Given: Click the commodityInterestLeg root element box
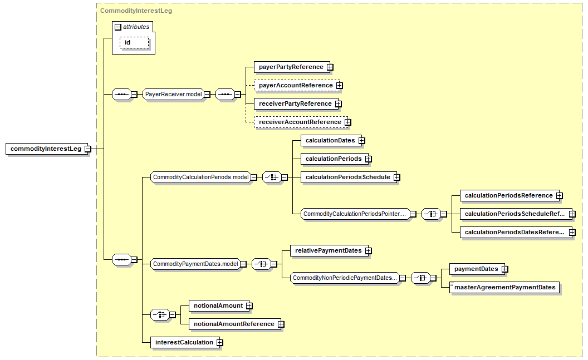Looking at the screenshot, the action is click(x=47, y=149).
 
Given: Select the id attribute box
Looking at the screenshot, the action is click(x=134, y=43).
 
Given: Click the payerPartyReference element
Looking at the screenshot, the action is click(x=291, y=67).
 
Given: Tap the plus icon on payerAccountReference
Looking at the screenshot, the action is click(x=339, y=86).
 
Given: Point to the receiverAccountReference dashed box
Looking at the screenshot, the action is click(x=301, y=122).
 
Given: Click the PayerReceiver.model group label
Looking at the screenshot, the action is click(x=174, y=95).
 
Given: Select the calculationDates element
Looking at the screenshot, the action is click(x=330, y=140).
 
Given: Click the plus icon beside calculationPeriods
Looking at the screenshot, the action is click(x=369, y=159).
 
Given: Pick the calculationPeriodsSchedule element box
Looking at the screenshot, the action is click(x=347, y=177).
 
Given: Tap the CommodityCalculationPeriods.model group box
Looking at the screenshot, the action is click(x=200, y=177).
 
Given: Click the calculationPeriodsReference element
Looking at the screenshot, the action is click(x=508, y=195).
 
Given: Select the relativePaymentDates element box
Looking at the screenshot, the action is click(x=328, y=250).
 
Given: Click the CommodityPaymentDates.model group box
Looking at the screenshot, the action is click(x=195, y=264).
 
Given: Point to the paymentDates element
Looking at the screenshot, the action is click(x=476, y=269).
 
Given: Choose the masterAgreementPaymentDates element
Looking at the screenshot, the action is click(x=504, y=287).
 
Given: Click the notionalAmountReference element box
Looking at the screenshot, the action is click(x=234, y=324).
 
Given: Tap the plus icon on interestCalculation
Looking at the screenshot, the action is click(x=220, y=342).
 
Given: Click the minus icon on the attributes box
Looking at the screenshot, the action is click(x=118, y=27).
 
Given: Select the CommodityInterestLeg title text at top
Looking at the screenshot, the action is click(x=136, y=11).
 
